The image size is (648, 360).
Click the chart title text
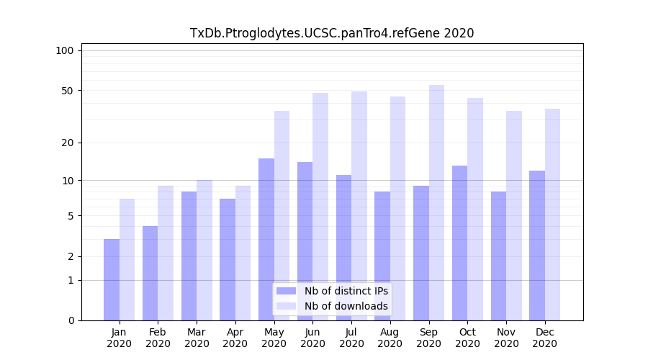tap(332, 33)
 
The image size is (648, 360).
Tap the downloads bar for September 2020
tap(436, 202)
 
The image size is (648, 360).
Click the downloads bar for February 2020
tap(166, 253)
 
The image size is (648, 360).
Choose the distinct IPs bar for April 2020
tap(228, 259)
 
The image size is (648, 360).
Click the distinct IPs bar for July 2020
tap(343, 248)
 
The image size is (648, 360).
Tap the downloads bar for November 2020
tap(513, 215)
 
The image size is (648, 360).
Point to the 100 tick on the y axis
tap(65, 50)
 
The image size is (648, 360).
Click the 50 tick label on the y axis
tap(67, 91)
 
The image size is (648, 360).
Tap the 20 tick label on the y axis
tap(67, 143)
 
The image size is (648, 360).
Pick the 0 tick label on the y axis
tap(71, 320)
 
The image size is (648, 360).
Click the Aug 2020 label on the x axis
tap(390, 338)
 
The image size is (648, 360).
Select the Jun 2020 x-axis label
tap(312, 338)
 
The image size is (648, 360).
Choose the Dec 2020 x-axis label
tap(545, 338)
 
